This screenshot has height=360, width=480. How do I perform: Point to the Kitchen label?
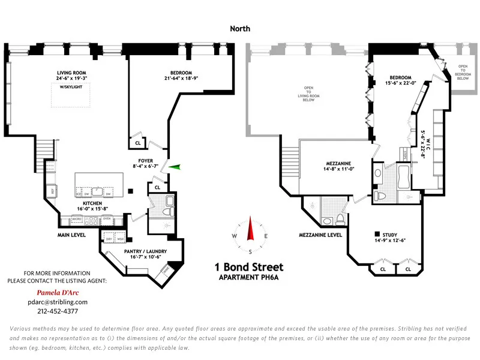[x=84, y=204]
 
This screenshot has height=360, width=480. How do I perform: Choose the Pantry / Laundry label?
[x=145, y=251]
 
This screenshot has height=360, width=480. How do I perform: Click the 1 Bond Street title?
[x=249, y=267]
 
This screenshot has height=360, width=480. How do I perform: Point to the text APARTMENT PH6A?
[x=249, y=277]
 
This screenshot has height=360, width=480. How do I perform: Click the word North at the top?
[x=240, y=28]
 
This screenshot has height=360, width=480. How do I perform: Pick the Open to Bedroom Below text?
[x=463, y=72]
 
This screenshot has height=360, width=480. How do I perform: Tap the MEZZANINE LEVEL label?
[x=321, y=235]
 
